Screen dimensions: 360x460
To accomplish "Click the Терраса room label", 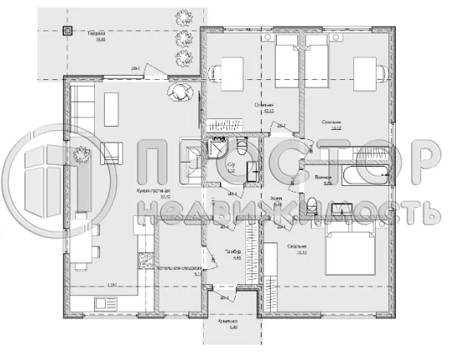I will [x=97, y=36].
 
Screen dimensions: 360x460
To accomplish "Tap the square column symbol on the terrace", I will [x=68, y=30].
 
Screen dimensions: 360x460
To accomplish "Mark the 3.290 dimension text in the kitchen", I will [x=112, y=286].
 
